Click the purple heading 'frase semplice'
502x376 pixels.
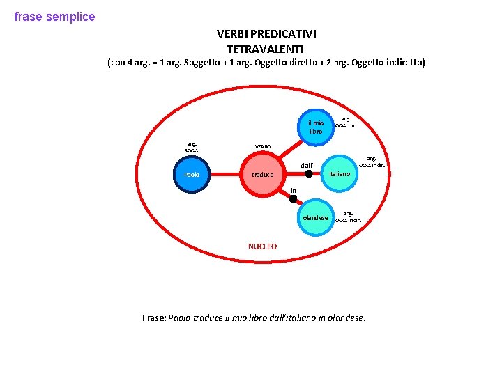pyautogui.click(x=54, y=17)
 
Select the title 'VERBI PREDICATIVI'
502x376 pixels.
pyautogui.click(x=266, y=33)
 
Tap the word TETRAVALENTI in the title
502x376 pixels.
pyautogui.click(x=265, y=49)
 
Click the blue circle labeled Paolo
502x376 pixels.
pyautogui.click(x=192, y=174)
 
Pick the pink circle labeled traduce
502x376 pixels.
pyautogui.click(x=262, y=175)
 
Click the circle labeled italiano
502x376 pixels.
pyautogui.click(x=340, y=173)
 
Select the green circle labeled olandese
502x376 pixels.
pyautogui.click(x=315, y=217)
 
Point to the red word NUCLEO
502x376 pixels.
pyautogui.click(x=262, y=246)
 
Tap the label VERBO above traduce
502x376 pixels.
pyautogui.click(x=264, y=147)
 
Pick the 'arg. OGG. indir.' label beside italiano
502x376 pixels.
pyautogui.click(x=372, y=162)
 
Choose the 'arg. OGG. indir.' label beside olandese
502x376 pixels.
pyautogui.click(x=348, y=217)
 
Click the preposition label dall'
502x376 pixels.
pyautogui.click(x=307, y=166)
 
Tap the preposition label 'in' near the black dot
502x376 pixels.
pyautogui.click(x=294, y=191)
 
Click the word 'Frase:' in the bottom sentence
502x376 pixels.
pyautogui.click(x=154, y=318)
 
